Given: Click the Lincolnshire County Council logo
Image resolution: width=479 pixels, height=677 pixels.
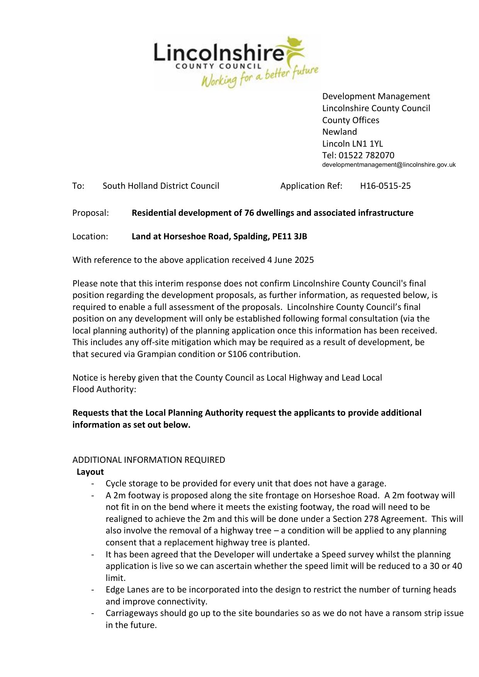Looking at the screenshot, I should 236,62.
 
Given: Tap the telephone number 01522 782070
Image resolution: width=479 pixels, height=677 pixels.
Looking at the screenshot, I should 366,155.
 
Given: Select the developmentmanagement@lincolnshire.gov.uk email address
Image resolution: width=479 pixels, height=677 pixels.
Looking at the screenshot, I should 389,165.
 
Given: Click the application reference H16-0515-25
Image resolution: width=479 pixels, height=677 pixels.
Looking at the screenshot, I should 385,186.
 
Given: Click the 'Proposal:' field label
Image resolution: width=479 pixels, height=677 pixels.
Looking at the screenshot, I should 90,213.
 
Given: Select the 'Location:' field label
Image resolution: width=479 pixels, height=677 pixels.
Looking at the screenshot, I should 90,237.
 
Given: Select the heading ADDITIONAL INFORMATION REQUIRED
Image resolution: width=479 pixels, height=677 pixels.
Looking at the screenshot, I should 149,460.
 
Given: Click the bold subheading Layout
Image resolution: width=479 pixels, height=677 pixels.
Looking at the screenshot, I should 90,472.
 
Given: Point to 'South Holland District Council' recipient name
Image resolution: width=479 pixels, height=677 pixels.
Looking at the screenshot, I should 161,186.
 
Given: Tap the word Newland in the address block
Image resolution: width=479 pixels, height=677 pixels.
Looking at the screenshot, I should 340,132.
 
